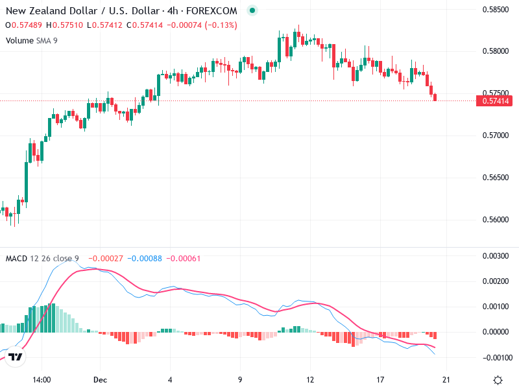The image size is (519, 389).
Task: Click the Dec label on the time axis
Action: pos(99,380)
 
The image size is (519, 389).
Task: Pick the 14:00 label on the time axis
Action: pos(42,380)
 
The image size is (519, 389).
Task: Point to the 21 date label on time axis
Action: pos(446,380)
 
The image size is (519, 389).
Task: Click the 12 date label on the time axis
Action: pos(310,380)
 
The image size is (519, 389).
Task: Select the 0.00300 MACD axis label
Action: pos(496,256)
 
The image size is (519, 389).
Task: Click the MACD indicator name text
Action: pos(16,259)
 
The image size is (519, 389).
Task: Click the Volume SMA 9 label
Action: pos(32,40)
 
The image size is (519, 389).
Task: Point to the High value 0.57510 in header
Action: pos(68,25)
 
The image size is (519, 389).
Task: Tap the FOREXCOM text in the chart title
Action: pos(211,10)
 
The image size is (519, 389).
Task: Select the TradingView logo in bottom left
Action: pos(16,357)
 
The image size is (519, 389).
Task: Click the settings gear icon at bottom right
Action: pos(498,380)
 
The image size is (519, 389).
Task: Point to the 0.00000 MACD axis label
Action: pos(496,332)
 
